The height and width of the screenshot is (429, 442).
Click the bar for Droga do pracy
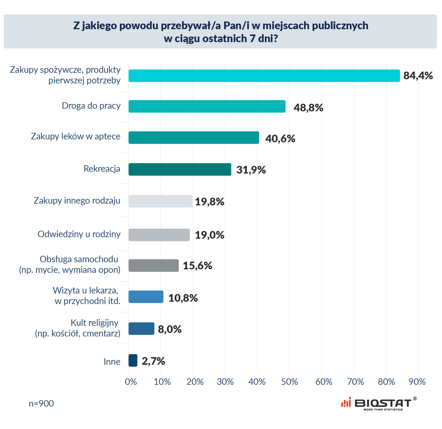(207, 106)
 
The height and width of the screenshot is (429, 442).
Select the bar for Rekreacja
(180, 169)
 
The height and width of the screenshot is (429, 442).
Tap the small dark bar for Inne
(133, 360)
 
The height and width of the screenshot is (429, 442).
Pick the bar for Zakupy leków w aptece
(194, 138)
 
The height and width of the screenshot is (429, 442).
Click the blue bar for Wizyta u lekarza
(146, 297)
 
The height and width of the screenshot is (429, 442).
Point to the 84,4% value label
(418, 76)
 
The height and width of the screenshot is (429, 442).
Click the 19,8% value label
(210, 202)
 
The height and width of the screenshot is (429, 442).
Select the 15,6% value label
(197, 266)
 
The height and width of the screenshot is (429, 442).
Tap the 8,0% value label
(170, 329)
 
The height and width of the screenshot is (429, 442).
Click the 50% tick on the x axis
(289, 382)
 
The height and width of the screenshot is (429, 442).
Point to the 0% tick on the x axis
(131, 382)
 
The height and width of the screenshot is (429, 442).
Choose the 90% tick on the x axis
(417, 382)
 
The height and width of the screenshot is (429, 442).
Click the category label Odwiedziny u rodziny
(79, 234)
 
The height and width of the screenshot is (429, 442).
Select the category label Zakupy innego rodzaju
(77, 201)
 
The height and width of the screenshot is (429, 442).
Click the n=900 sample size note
(41, 404)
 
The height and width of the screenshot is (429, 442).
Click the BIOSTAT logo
(379, 403)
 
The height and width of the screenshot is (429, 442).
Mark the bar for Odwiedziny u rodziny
(159, 235)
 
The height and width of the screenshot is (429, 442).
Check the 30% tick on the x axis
(225, 382)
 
